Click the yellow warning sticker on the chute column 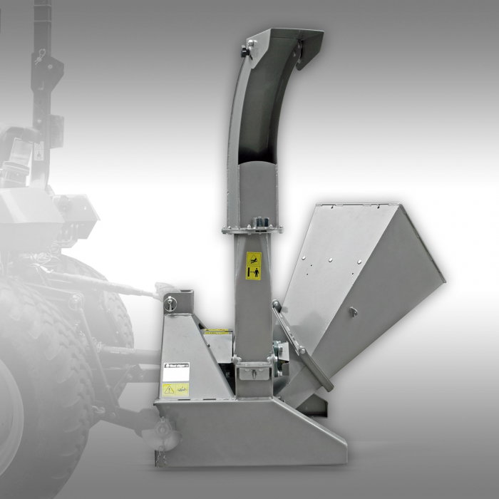click(253, 266)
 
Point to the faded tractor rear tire click(43, 371)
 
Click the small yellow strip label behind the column click(217, 332)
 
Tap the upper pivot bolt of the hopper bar click(276, 305)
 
